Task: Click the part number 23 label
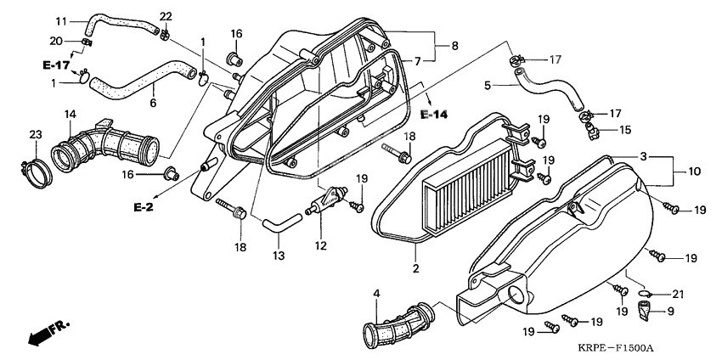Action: click(36, 135)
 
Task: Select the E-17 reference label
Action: click(56, 66)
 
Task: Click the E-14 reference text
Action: click(434, 115)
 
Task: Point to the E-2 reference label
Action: click(144, 208)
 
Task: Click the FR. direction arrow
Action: click(48, 332)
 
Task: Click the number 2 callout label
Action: click(415, 269)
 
